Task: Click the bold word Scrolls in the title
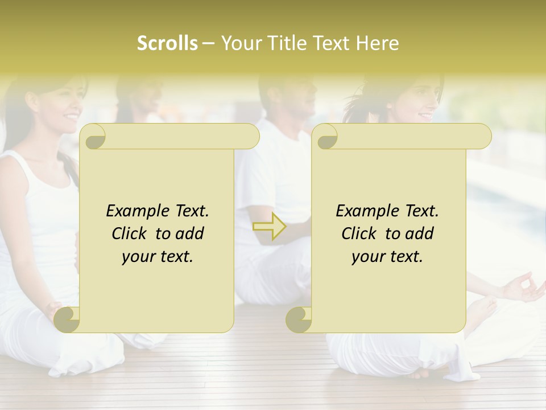pos(167,43)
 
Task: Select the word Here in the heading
pos(377,43)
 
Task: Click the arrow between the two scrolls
pos(269,226)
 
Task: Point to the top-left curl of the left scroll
pos(94,137)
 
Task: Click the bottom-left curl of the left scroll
pos(68,319)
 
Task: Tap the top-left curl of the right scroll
pos(326,137)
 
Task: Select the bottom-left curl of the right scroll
pos(299,319)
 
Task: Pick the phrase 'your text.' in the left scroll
pos(158,257)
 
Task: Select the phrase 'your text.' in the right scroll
pos(387,257)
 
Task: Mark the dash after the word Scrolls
pos(209,43)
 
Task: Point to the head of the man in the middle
pos(290,94)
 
